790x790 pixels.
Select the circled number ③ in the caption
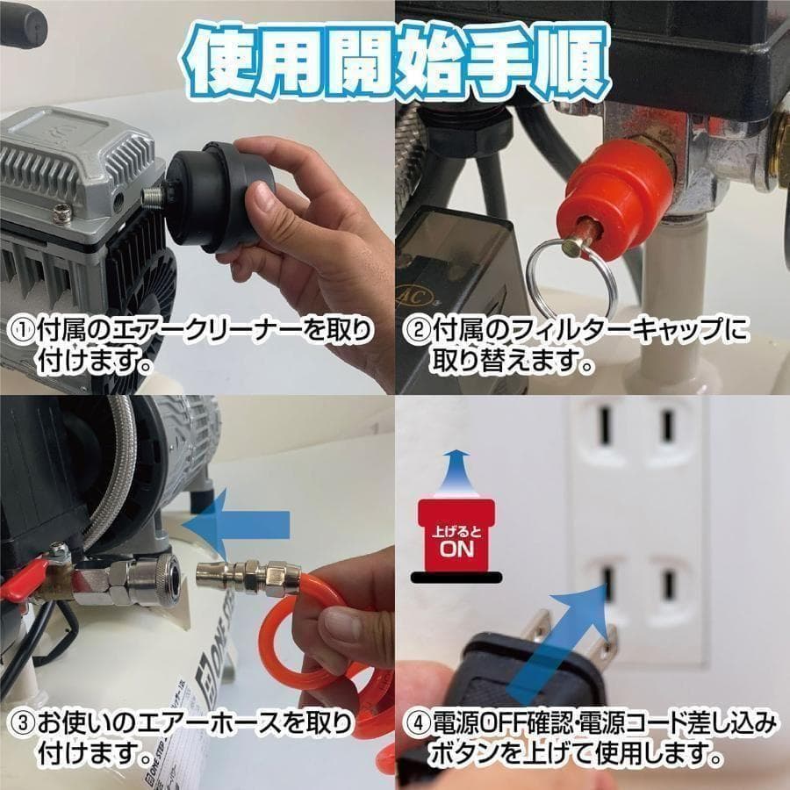pos(20,725)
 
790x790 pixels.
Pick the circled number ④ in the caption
pos(416,725)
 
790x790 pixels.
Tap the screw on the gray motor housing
pos(61,211)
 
